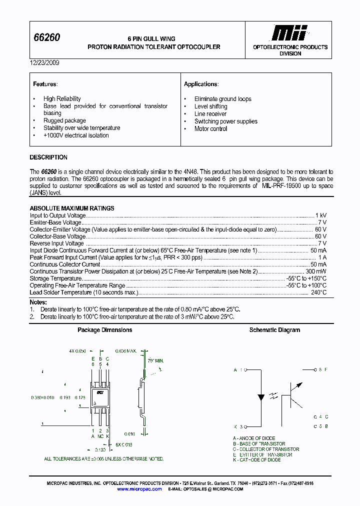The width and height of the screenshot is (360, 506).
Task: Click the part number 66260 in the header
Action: coord(46,37)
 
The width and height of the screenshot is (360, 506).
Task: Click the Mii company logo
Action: coord(289,33)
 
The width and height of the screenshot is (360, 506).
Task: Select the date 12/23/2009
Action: coord(44,63)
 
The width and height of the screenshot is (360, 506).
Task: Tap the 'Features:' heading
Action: coord(45,84)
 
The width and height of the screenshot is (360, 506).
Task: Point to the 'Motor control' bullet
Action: coord(210,128)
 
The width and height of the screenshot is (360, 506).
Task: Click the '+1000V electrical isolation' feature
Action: coord(75,135)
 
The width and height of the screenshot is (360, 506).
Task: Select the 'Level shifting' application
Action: coord(210,106)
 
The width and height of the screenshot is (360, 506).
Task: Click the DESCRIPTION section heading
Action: coord(48,157)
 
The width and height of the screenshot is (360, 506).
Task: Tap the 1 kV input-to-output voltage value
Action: coord(320,215)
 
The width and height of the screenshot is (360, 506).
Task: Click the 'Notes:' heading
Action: coord(38,302)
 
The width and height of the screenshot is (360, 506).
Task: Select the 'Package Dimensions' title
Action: coord(105,330)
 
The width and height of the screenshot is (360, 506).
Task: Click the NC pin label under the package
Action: coord(100,435)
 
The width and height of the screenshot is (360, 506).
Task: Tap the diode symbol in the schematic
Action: coord(260,398)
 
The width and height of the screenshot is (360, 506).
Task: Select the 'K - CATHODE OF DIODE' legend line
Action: coord(256,459)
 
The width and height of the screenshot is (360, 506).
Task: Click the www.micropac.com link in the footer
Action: coord(139,489)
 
